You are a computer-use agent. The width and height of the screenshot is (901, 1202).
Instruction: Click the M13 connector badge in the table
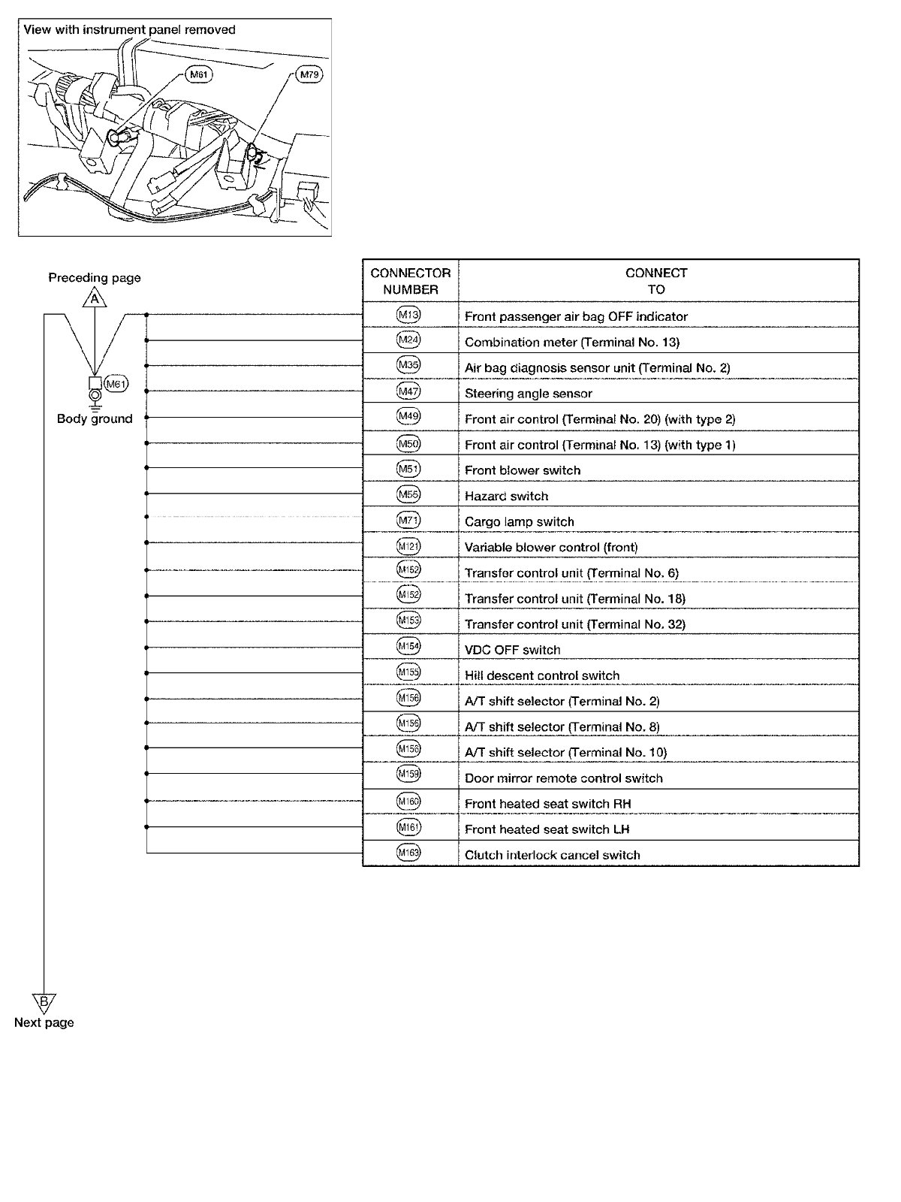tap(408, 316)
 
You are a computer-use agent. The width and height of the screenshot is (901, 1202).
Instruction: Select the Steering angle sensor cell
tap(528, 394)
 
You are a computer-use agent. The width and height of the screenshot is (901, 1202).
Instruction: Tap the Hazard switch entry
tap(506, 496)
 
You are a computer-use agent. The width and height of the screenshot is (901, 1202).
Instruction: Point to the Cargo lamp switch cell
tap(519, 521)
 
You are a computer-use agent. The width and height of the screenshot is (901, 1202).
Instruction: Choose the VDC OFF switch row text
tap(512, 650)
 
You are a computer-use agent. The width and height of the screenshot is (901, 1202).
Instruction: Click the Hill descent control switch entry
tap(541, 675)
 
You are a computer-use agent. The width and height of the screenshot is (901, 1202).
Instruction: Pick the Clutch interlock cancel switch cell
tap(552, 855)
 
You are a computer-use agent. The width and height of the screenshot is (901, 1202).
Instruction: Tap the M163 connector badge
tap(408, 853)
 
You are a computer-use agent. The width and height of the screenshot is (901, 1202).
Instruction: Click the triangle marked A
tap(95, 299)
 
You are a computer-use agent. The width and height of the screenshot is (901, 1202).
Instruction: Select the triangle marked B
tap(44, 1002)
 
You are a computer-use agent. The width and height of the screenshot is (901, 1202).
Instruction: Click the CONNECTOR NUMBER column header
tap(410, 281)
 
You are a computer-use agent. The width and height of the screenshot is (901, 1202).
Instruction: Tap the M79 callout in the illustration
tap(309, 74)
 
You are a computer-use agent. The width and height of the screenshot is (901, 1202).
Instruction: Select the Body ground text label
tap(95, 419)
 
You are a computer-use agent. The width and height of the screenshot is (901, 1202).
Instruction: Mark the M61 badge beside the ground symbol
tap(116, 384)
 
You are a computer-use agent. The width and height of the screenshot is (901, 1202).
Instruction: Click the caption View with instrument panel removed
tap(129, 30)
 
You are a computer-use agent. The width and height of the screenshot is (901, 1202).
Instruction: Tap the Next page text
tap(44, 1022)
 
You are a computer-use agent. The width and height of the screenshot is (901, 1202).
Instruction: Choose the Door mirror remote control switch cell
tap(563, 778)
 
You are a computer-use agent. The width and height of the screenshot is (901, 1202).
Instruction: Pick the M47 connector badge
tap(408, 391)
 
